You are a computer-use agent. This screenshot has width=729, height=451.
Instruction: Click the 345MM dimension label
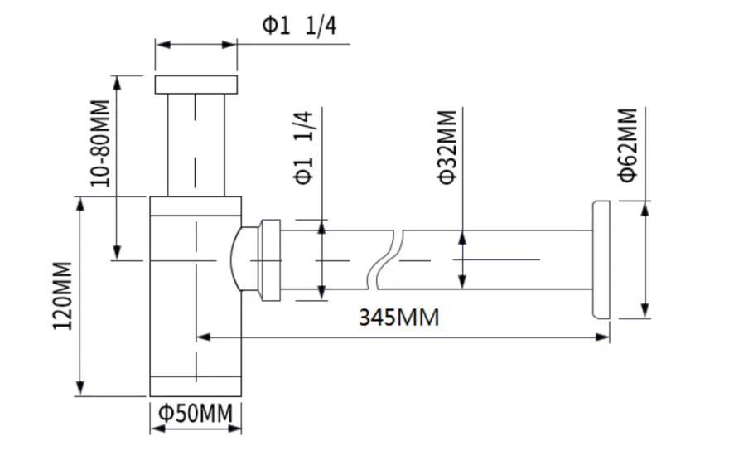399,318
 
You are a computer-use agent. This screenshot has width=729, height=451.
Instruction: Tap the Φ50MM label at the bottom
196,413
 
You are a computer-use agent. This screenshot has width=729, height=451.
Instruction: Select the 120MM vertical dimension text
62,296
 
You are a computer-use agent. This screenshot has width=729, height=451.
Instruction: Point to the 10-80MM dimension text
100,143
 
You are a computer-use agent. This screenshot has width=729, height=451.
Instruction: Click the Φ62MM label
628,145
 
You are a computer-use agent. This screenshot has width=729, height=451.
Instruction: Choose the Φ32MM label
447,147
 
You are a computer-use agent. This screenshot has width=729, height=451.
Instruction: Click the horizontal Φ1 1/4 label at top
299,26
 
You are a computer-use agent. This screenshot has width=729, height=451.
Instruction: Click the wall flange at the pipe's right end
601,259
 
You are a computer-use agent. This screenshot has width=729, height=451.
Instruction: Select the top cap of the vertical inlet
196,85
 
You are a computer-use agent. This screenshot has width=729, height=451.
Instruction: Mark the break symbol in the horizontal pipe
386,259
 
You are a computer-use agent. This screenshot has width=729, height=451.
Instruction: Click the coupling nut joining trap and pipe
270,259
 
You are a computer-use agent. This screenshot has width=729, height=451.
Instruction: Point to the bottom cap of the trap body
196,386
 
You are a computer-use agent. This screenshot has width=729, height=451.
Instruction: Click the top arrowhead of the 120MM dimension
80,204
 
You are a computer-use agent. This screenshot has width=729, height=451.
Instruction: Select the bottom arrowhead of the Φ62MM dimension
645,311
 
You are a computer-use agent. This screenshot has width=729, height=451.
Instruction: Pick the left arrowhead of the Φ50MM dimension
157,428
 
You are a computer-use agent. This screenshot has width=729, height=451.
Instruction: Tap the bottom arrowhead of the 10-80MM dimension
117,253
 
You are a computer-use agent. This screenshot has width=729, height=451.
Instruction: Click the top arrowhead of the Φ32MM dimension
462,238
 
